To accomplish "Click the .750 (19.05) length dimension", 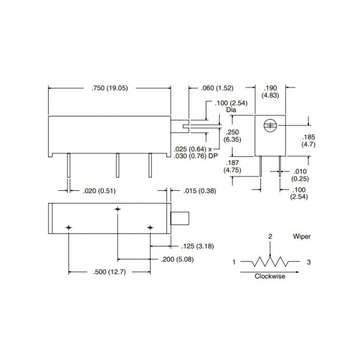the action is pos(110,88).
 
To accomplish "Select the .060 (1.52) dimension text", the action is pos(217,88).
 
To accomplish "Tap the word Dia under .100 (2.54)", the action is pos(231,110).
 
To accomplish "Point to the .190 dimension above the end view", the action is pos(270,88).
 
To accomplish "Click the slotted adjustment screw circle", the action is pos(270,125).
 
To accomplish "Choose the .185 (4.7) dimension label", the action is pos(308,141).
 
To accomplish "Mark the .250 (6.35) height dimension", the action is pos(232,136).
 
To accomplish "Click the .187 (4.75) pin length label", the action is pos(232,166).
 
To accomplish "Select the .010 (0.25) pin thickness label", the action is pos(300,175).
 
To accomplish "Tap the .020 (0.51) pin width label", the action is pos(99,191).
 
